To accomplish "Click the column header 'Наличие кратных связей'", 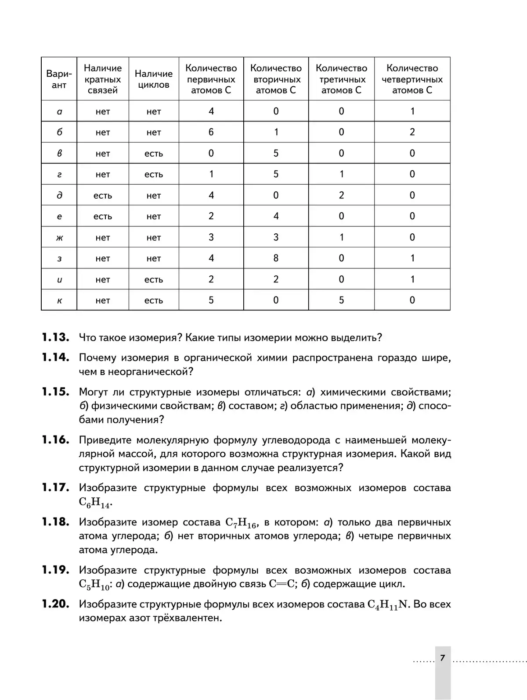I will tap(103, 79).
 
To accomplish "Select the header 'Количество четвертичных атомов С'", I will tap(412, 79).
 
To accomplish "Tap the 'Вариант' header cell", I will tap(59, 79).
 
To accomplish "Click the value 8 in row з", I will tap(276, 258).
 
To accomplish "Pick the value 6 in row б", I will tap(211, 132).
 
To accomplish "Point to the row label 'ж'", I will tap(59, 237).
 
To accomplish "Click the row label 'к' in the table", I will tap(59, 300).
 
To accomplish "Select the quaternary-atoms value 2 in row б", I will tap(412, 132).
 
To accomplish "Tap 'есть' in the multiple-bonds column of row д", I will tap(103, 195).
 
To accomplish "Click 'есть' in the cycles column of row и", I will tap(154, 279).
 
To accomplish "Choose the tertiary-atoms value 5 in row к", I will tap(341, 300).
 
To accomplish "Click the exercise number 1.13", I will tap(55, 337).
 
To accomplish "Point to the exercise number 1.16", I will tap(55, 439).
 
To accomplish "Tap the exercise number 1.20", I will tap(55, 604).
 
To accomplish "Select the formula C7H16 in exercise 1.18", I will tap(241, 523).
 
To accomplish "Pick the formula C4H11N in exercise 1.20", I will tap(388, 605).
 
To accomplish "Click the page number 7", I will tap(443, 657).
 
